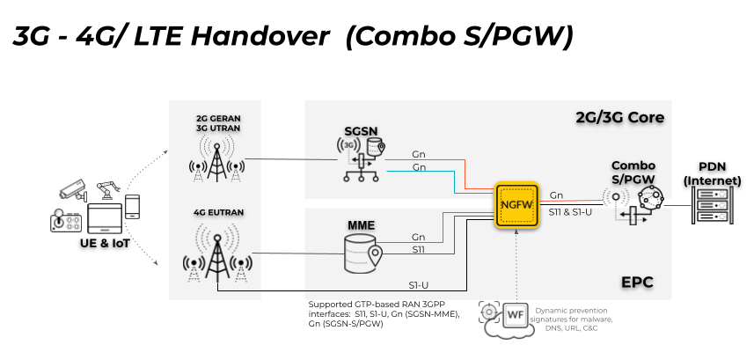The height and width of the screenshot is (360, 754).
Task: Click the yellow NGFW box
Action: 516,204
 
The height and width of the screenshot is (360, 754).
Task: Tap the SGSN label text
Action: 361,132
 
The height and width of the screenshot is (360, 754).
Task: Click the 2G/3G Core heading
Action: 619,117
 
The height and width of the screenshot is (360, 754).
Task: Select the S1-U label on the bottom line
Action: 419,285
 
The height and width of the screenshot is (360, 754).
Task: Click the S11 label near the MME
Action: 420,250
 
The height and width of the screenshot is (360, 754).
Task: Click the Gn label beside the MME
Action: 420,237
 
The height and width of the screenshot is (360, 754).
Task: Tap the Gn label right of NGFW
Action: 556,195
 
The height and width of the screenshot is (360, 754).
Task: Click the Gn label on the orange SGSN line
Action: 420,155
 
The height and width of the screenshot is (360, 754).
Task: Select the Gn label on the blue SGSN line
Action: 420,167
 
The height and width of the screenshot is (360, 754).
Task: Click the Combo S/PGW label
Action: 633,172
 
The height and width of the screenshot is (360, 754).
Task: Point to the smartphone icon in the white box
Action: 133,207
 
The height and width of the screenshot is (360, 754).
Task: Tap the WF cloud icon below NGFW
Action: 513,316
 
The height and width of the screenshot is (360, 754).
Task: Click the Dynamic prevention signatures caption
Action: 571,318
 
